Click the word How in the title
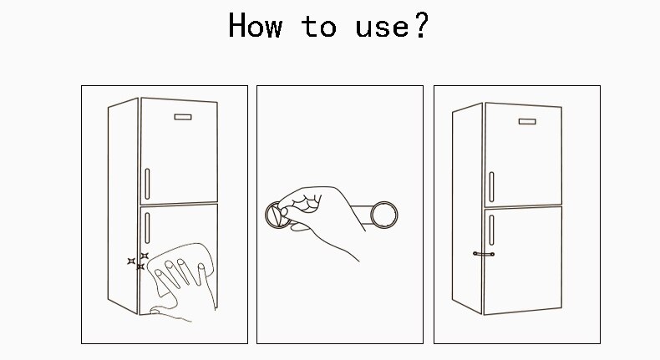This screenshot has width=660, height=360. pos(255,25)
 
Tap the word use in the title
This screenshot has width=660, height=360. pos(382,28)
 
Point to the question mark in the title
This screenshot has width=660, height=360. pos(421,25)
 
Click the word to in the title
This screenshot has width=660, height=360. pos(318,26)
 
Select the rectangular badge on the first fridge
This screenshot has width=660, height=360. pos(183,117)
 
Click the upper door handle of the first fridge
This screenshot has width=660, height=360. pos(147,184)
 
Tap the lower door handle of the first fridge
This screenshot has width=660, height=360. pos(147,228)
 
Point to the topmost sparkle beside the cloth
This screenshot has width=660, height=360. pos(145,256)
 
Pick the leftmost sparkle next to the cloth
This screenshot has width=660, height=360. pos(131,261)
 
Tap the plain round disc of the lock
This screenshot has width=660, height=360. pos(383,215)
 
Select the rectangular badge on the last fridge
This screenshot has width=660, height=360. pos(527,121)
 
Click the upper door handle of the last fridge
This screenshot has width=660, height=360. pos(491,186)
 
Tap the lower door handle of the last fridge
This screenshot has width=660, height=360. pos(491,230)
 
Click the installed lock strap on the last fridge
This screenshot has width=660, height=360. pos(484,254)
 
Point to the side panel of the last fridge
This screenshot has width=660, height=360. pos(467,209)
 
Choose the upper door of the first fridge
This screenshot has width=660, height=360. pos(179,151)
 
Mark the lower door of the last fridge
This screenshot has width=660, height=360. pos(523,261)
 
